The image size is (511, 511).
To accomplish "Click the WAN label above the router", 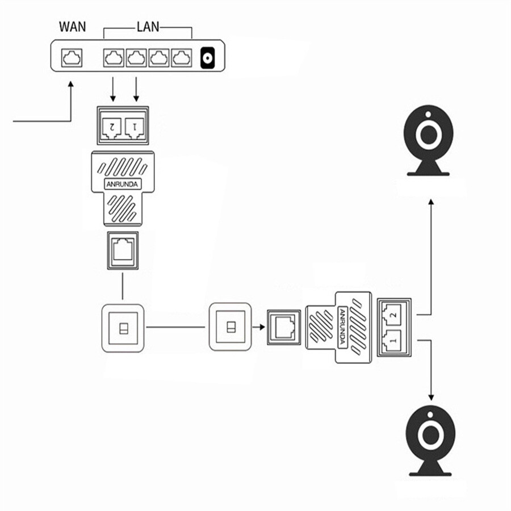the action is (72, 27).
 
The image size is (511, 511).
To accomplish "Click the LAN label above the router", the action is (148, 27).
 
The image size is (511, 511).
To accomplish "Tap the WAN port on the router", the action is (72, 58).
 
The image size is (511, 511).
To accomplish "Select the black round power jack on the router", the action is (208, 58).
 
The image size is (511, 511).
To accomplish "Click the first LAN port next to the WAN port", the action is (114, 58).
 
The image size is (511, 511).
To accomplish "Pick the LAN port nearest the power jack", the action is (182, 58).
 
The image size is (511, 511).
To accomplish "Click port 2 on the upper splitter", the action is (112, 127).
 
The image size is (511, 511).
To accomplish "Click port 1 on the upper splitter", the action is (135, 127).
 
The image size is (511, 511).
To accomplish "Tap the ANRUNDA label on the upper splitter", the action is (123, 184).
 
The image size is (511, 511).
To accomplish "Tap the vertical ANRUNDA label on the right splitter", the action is (342, 327).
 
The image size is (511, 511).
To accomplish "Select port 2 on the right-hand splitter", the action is (393, 315).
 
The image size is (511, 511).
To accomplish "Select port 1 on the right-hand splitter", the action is (393, 340).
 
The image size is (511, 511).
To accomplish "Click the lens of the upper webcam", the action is (428, 135).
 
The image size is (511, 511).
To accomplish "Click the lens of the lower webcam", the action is (430, 435).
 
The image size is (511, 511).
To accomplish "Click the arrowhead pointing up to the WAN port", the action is (71, 84).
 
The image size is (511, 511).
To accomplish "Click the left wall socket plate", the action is (123, 328).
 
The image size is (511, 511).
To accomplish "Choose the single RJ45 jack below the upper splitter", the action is (123, 250).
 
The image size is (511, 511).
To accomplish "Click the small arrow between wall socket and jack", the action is (259, 327).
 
